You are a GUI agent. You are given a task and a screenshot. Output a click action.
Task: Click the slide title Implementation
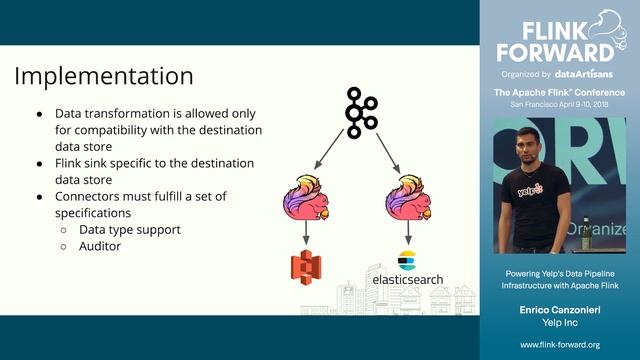pyautogui.click(x=105, y=76)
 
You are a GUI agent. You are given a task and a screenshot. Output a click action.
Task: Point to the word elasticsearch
pyautogui.click(x=408, y=281)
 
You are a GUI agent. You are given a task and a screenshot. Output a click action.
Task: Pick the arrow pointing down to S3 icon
pyautogui.click(x=306, y=234)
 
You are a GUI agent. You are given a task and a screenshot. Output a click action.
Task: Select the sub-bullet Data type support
pyautogui.click(x=130, y=230)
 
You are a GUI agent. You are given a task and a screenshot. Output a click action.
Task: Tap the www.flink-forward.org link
pyautogui.click(x=560, y=344)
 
